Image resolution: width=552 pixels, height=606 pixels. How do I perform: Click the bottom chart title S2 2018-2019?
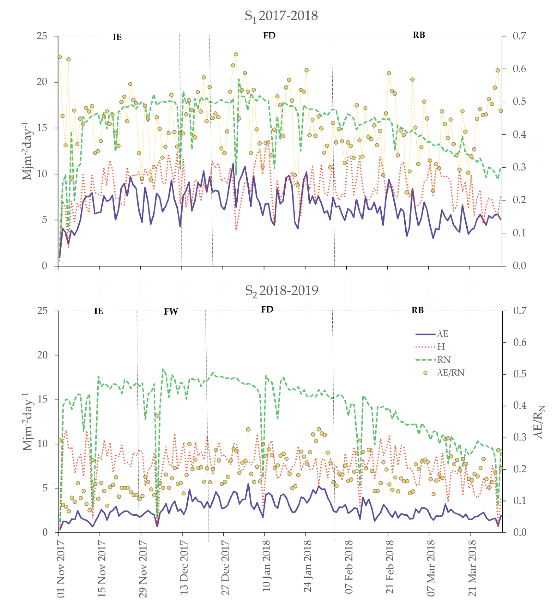coord(281,291)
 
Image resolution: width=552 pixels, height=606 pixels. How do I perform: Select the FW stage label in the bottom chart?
coord(171,311)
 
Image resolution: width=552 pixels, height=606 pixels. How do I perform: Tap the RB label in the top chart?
coord(419,35)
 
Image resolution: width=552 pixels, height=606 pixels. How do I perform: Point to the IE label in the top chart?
coord(117,37)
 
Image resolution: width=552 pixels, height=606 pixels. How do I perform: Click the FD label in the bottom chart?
coord(267,310)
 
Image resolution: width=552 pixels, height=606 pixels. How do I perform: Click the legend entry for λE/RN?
coord(450,373)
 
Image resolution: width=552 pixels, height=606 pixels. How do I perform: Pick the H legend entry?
coord(441,347)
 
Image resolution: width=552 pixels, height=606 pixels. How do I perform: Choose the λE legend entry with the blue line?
coord(442,334)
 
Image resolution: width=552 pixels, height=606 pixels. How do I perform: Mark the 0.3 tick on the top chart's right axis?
coord(519,167)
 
